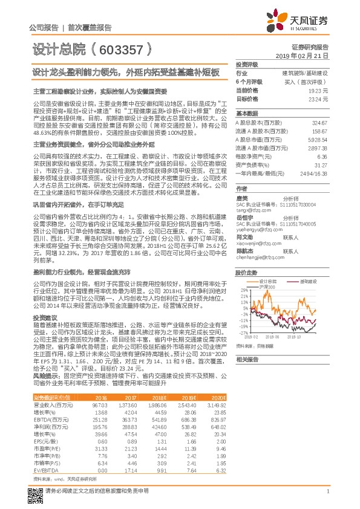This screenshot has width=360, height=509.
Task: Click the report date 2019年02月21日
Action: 306,55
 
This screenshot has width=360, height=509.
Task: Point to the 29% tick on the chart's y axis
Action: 242,290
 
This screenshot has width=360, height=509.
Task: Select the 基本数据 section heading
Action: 247,114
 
